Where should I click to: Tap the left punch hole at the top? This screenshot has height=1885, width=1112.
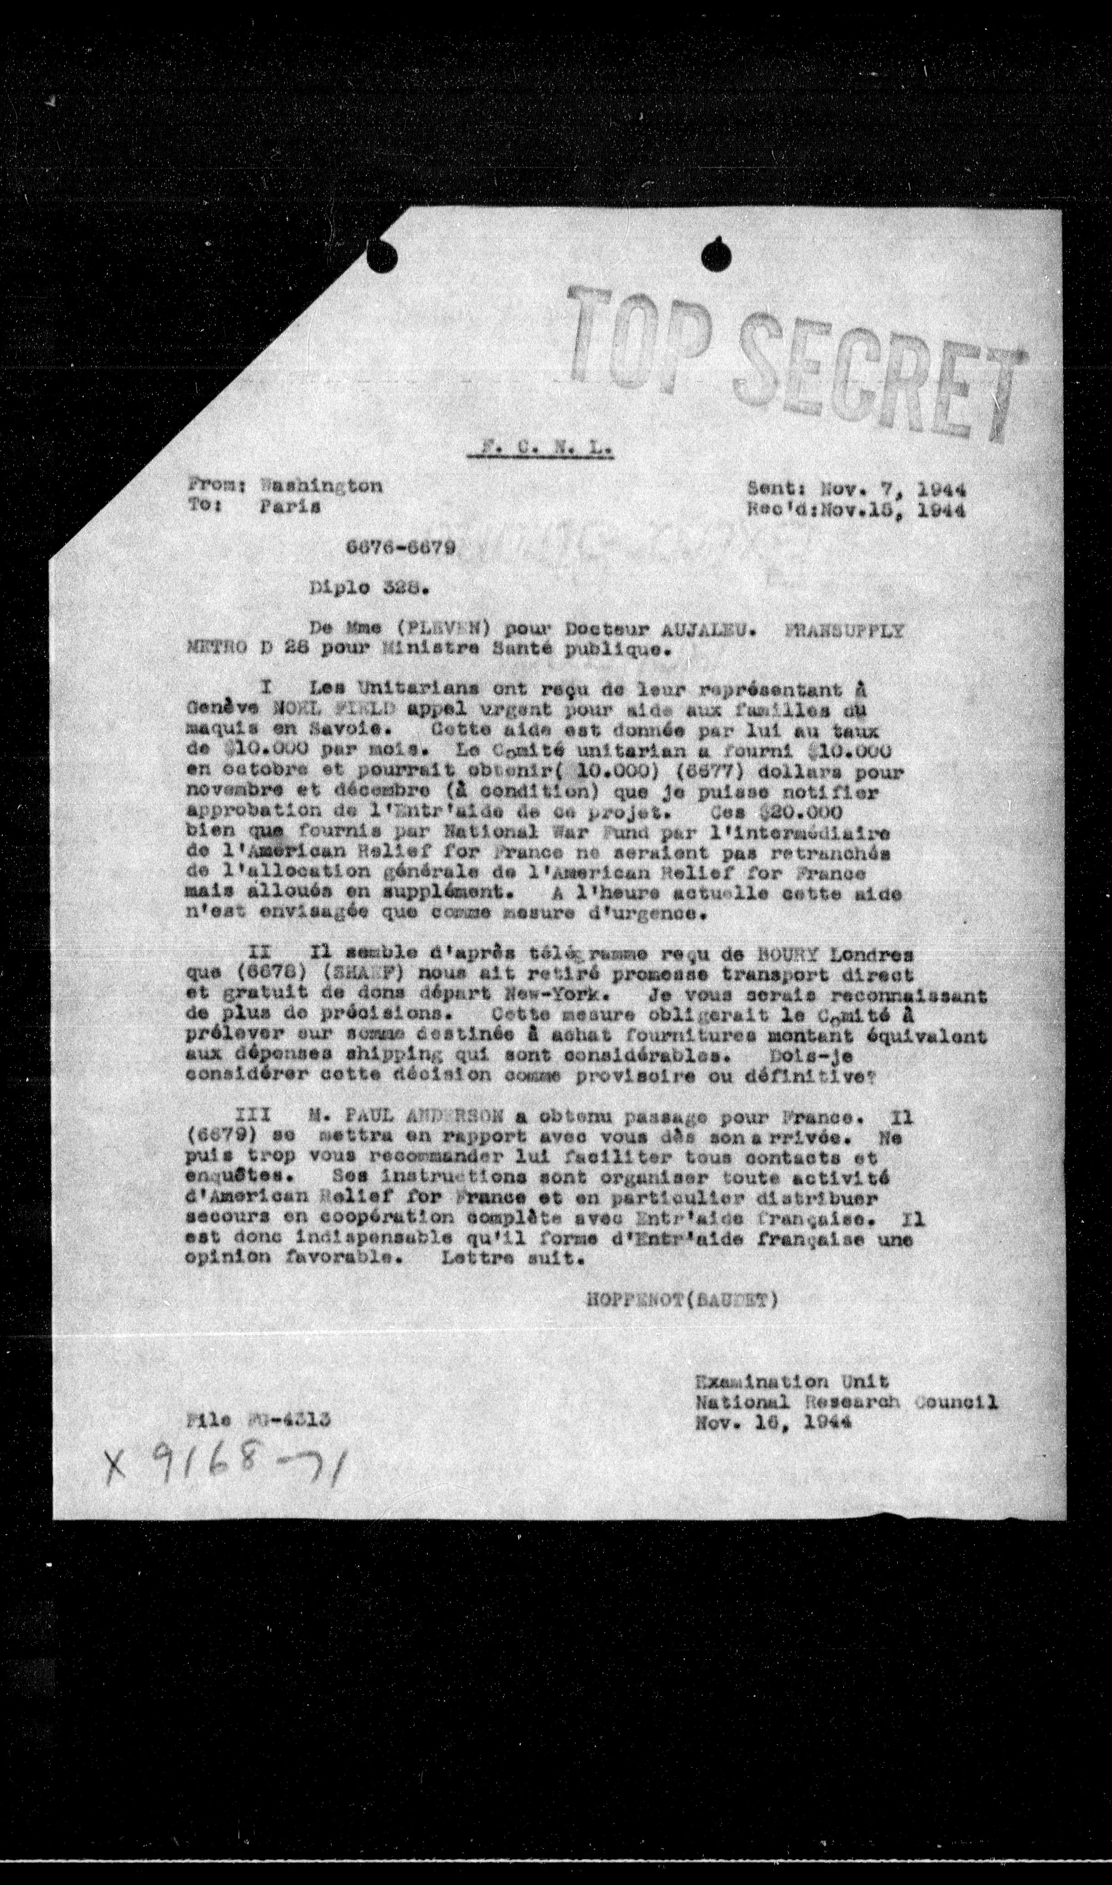tap(384, 255)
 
